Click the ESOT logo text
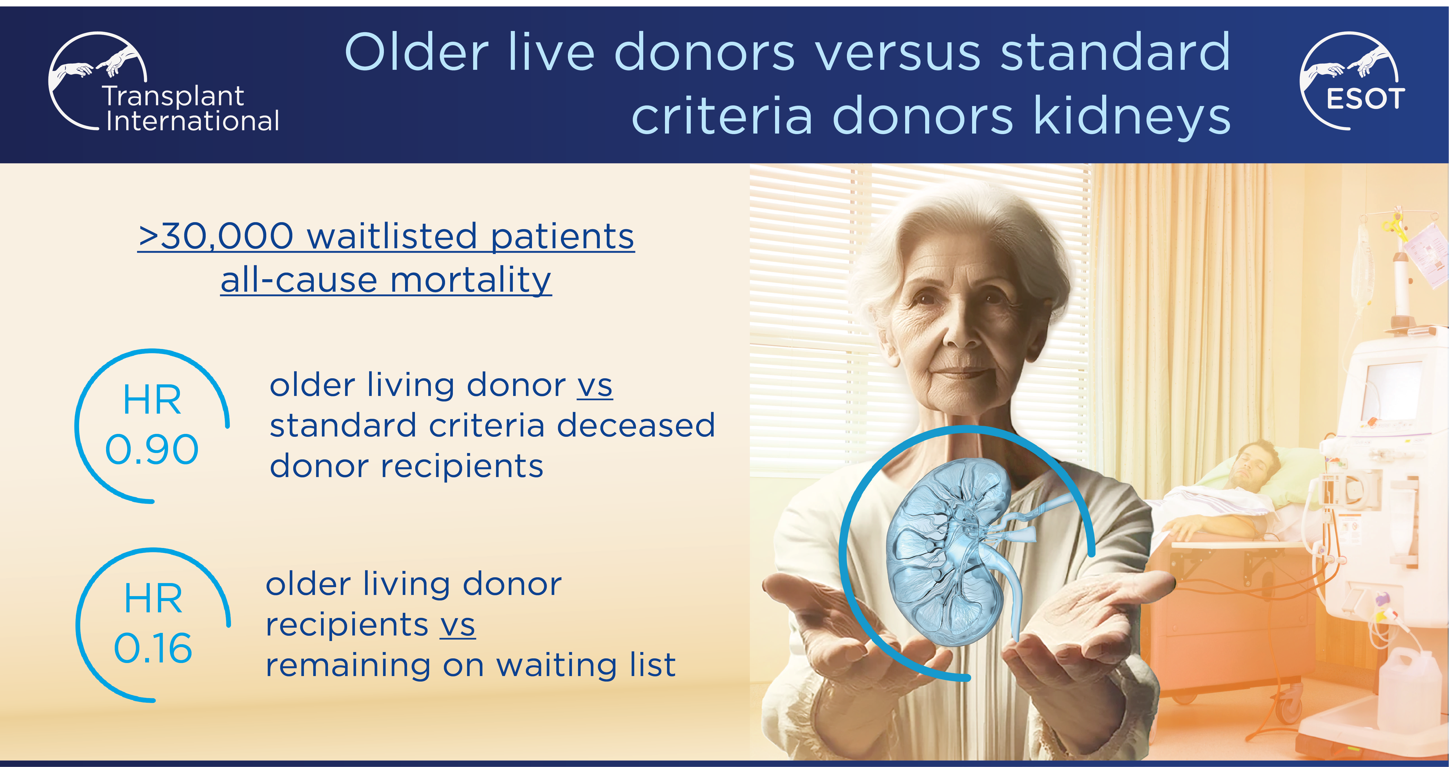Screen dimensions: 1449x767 (1365, 99)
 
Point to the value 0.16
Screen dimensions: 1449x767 (153, 648)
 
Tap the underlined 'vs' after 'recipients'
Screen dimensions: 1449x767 (457, 625)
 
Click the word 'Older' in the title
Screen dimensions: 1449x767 (416, 52)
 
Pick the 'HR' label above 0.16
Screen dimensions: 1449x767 (153, 598)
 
